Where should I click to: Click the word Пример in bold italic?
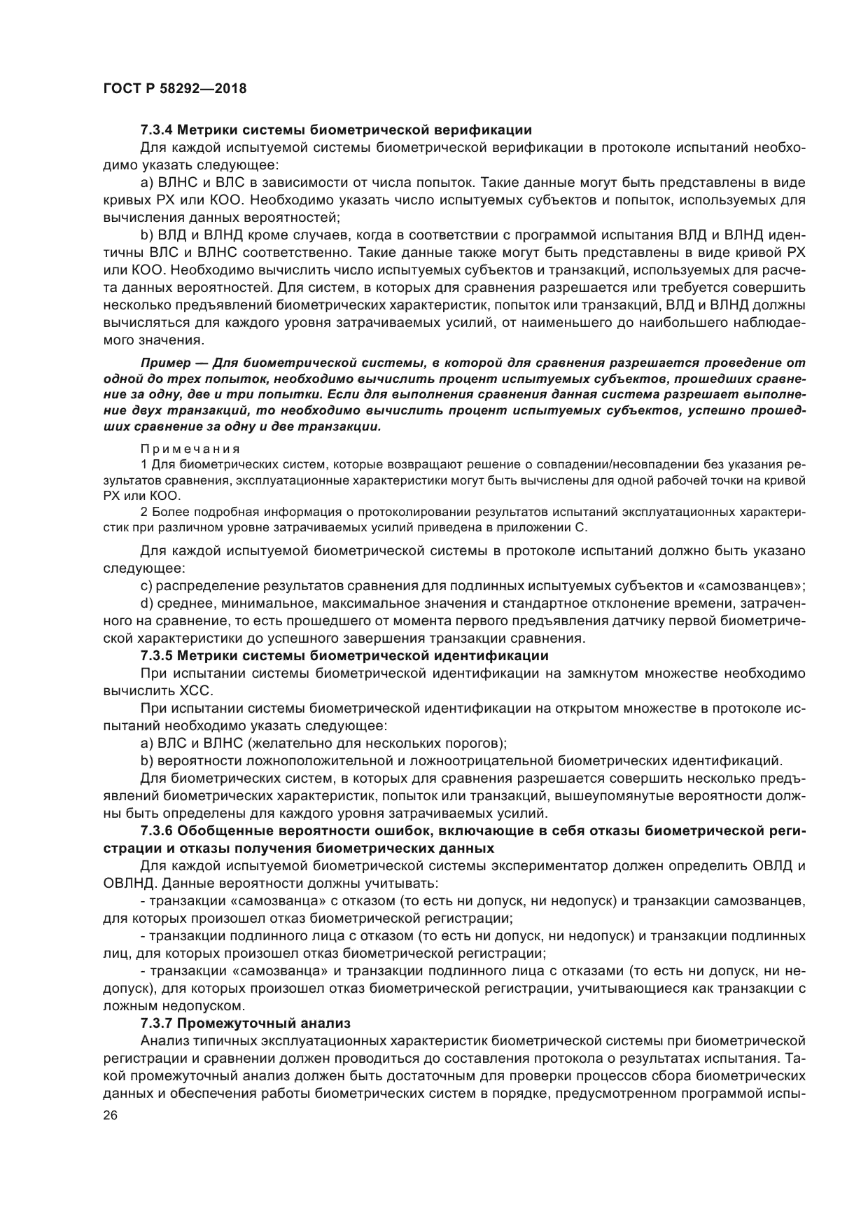tap(163, 363)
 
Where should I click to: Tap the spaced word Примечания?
tap(190, 448)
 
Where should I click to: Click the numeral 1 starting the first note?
tap(143, 464)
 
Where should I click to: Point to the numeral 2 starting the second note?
tap(143, 512)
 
